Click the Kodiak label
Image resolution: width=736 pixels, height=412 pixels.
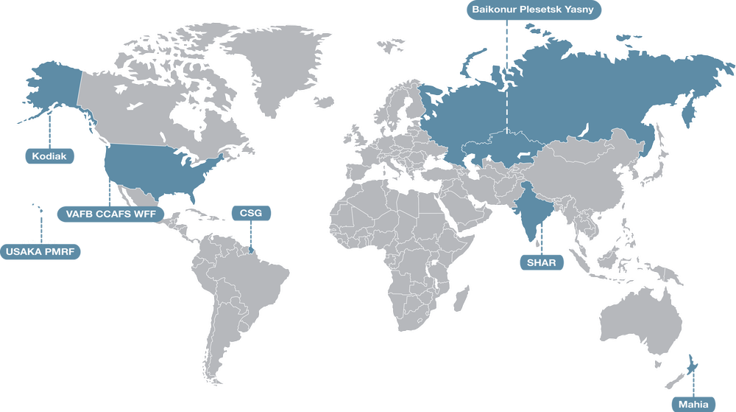[x=49, y=156]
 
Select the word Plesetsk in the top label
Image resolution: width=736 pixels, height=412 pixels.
[x=549, y=10]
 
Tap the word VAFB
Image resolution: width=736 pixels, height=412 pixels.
[x=78, y=214]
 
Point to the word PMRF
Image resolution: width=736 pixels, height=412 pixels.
[x=61, y=252]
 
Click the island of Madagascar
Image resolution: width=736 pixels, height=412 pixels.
[x=461, y=298]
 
